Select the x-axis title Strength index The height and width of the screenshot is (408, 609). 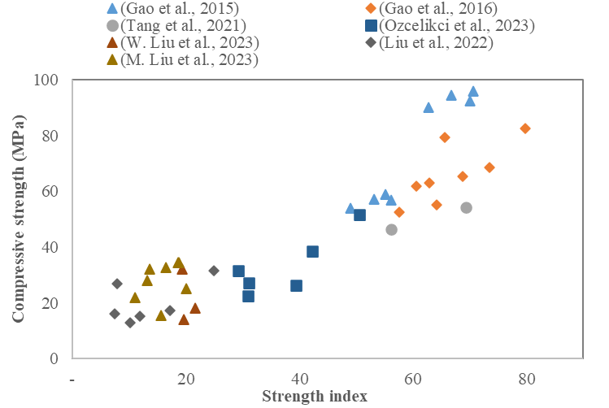(314, 396)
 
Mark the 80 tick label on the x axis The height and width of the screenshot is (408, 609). (527, 378)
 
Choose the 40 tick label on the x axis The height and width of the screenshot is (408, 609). (300, 378)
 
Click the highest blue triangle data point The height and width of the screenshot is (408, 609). (473, 91)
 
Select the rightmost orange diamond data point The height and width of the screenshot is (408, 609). (525, 128)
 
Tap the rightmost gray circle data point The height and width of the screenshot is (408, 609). (466, 207)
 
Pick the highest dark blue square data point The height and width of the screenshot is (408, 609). (359, 215)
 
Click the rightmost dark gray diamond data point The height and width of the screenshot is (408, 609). (214, 271)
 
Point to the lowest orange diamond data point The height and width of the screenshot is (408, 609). (399, 212)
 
